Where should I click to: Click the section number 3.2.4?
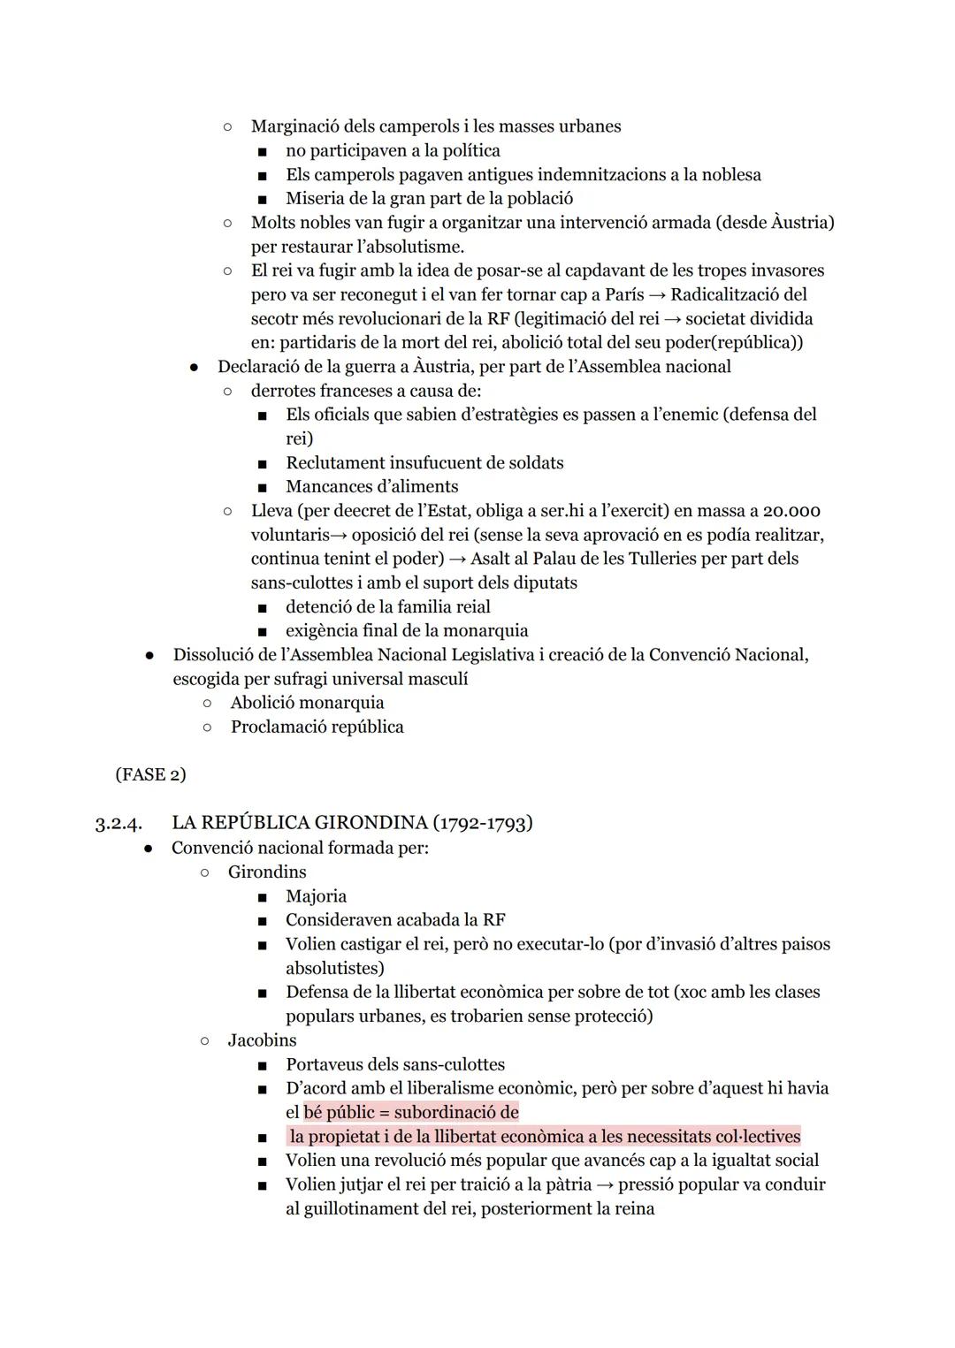118,824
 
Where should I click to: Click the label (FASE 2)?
150,774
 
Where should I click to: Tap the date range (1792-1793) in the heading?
482,823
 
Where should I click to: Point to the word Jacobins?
262,1040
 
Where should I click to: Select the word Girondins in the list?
267,872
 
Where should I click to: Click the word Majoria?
316,896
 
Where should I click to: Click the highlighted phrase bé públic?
339,1112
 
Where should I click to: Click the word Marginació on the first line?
294,126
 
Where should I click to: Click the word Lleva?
271,511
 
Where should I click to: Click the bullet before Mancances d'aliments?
262,488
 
